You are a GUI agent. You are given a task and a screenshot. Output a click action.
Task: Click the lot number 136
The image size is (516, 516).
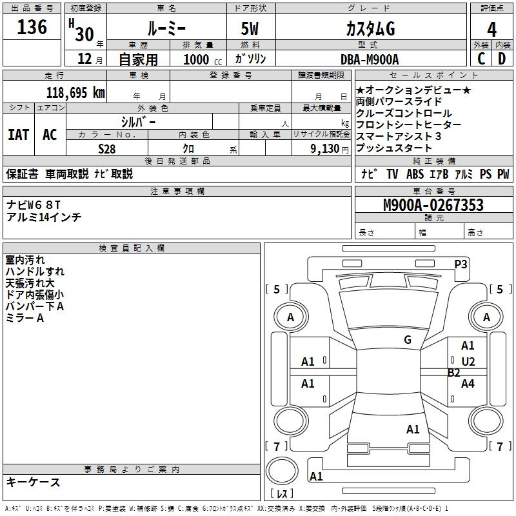point(32,28)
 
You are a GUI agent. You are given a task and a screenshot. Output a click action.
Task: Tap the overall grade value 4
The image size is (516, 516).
point(492,30)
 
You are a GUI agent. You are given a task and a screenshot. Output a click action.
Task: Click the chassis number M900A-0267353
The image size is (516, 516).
point(433,206)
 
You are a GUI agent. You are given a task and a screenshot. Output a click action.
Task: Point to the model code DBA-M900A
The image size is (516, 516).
point(370,59)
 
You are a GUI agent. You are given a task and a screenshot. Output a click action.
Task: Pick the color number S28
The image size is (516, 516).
point(106,148)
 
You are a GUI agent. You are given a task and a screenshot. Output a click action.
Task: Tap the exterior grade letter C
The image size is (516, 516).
point(481,59)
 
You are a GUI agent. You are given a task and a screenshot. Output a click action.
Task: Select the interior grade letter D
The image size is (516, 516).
point(502,59)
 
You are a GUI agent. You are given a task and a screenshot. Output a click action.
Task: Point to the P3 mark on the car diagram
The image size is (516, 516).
point(461,264)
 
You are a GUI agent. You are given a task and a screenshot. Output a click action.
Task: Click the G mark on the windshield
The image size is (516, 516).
point(408,340)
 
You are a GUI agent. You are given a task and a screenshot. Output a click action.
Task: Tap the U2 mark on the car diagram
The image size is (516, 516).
point(468,362)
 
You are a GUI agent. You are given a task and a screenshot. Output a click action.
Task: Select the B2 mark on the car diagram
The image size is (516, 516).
point(454,373)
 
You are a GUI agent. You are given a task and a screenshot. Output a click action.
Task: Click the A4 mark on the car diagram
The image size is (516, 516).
point(468,384)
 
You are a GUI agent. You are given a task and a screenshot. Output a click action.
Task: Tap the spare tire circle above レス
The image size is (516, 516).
point(282,470)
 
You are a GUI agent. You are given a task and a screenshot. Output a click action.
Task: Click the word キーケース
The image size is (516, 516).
point(34,482)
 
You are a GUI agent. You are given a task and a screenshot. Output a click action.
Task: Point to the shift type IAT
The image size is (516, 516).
point(18,135)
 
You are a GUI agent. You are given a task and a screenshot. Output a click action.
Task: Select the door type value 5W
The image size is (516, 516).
point(251,29)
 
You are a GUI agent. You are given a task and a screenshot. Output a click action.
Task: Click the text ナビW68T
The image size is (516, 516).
point(34,204)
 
